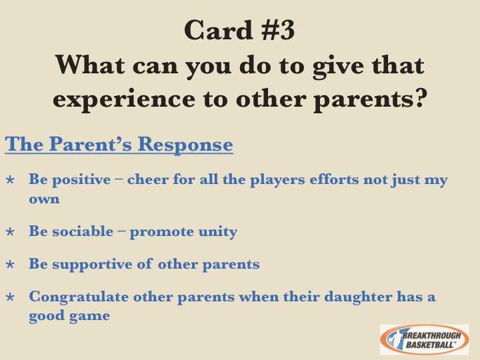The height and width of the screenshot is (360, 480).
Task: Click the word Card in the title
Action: pos(218,30)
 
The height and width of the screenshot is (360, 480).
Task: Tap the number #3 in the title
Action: pos(278,30)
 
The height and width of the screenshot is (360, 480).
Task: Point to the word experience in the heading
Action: pos(124,99)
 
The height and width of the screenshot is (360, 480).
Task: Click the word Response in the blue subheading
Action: pos(185,143)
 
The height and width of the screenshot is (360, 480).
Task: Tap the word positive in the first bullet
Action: pos(81,180)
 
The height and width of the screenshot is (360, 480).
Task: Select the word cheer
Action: pos(147,179)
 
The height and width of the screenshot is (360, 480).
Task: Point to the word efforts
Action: pos(334,179)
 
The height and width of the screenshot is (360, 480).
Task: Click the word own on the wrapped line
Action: pos(44,199)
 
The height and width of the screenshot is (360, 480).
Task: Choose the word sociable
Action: pos(83,231)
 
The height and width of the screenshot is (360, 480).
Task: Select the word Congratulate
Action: pos(79,297)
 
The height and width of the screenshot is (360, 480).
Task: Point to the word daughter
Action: pos(358,297)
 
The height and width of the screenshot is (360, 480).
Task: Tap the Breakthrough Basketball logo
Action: pos(424,339)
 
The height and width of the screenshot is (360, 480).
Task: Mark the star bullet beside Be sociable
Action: pos(10,231)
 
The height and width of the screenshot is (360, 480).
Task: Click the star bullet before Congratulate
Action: pos(10,297)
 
